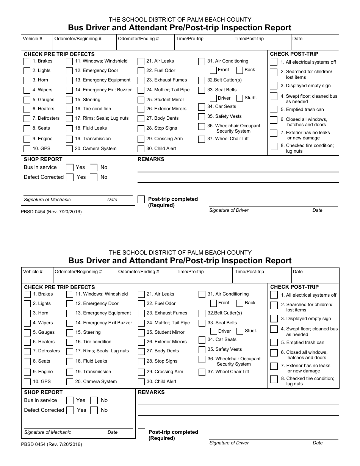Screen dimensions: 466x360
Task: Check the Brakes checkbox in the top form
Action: [27, 61]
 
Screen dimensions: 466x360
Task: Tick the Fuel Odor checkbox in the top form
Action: [141, 71]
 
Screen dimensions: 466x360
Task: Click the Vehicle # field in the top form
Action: [37, 42]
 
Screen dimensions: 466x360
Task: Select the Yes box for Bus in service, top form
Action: [70, 167]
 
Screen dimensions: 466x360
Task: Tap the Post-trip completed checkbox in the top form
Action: [141, 199]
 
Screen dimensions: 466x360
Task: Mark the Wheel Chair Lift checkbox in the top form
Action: [202, 139]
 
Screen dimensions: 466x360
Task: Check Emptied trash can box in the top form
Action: [274, 110]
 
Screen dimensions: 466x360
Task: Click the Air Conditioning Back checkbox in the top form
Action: [240, 70]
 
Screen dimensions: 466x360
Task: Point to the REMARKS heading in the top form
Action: [151, 160]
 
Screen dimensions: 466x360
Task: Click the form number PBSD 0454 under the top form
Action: [51, 212]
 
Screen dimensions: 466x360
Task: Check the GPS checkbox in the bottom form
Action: [27, 382]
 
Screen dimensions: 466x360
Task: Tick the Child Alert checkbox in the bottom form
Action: [141, 382]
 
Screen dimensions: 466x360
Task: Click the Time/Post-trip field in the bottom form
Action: [262, 276]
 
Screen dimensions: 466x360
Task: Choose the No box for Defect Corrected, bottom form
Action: [94, 410]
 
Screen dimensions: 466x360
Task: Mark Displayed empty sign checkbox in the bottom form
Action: [274, 319]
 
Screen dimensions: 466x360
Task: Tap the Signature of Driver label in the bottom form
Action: [229, 443]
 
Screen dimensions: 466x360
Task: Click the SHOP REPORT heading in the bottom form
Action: [43, 392]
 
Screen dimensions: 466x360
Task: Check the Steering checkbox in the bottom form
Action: [70, 333]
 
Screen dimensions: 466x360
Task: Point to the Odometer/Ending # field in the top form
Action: [145, 42]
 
